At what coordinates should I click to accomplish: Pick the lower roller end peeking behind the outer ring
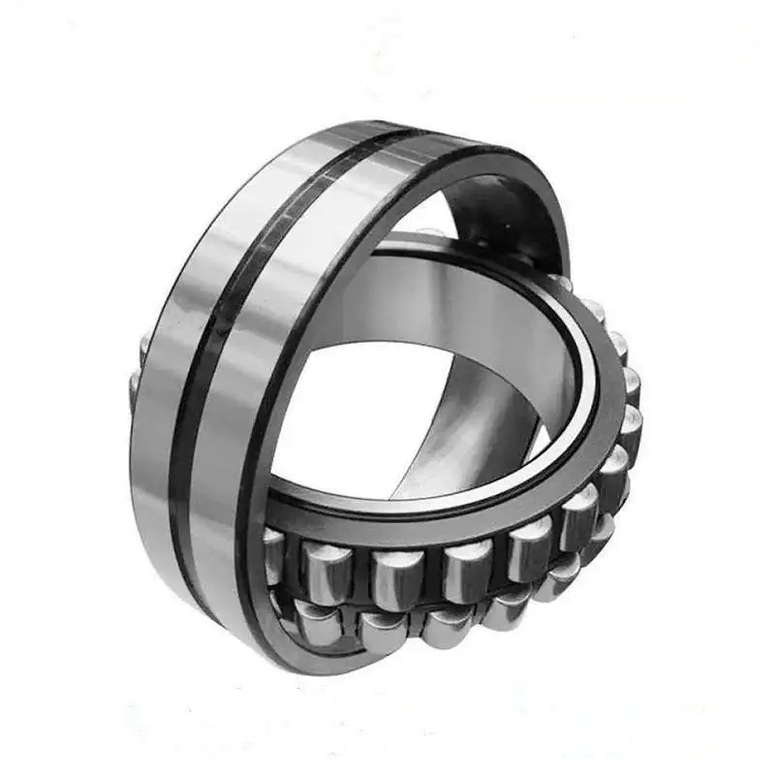point(136,387)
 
